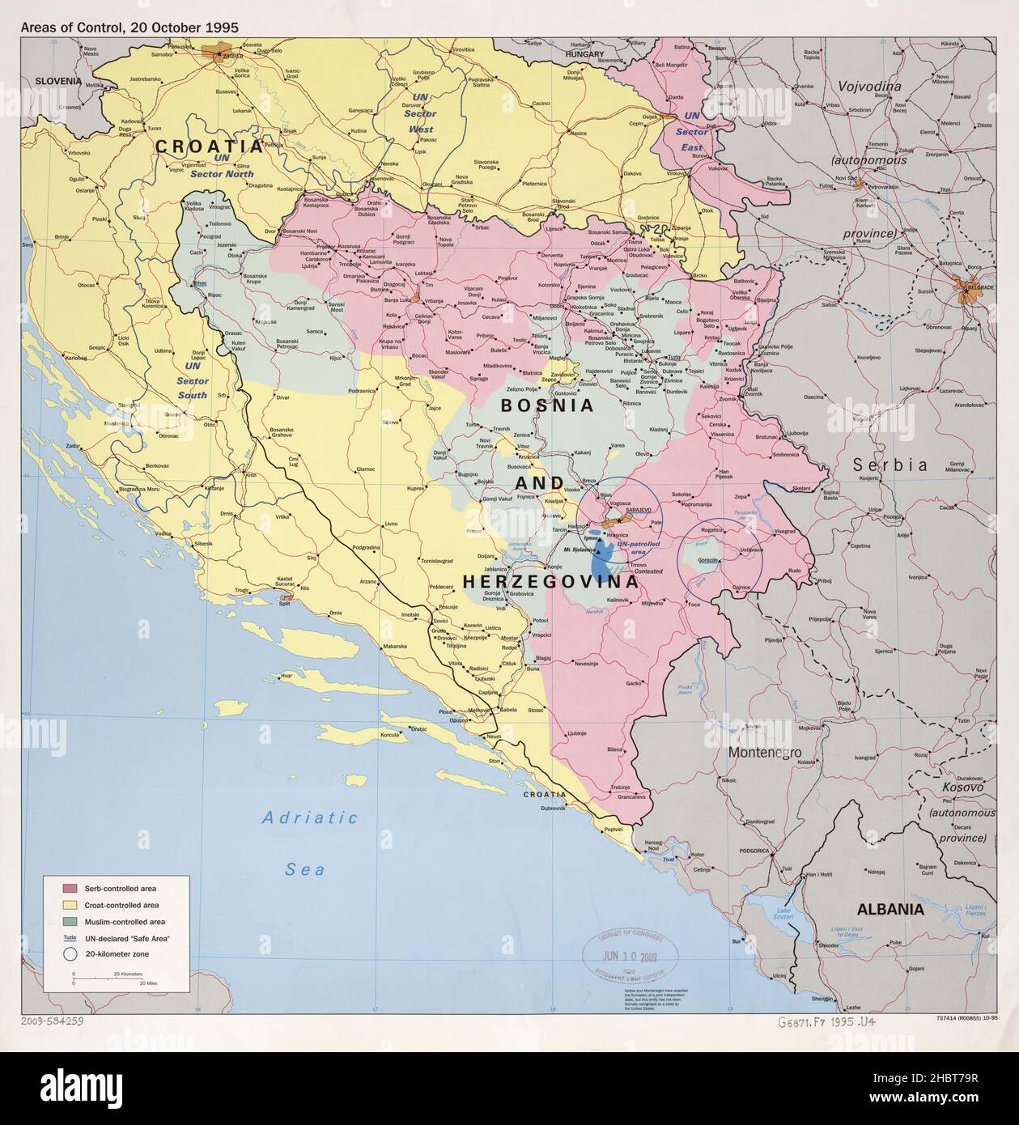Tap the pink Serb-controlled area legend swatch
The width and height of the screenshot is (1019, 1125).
[x=70, y=889]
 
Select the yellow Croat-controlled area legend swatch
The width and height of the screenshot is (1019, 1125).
[x=70, y=905]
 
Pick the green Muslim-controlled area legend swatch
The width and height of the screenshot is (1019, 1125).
[x=70, y=921]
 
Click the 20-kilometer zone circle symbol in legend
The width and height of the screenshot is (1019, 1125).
[x=70, y=954]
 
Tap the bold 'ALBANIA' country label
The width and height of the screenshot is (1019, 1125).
[x=890, y=909]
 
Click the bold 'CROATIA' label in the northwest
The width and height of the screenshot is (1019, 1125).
[x=209, y=146]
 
